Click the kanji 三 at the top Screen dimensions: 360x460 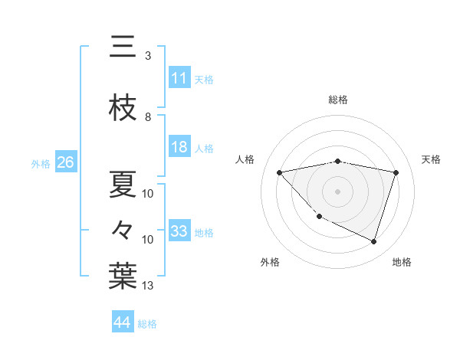123,47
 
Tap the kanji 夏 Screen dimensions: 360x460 123,184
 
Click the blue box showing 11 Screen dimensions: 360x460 179,78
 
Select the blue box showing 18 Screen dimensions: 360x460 179,147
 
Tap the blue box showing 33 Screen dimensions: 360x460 179,231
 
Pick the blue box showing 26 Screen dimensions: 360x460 66,163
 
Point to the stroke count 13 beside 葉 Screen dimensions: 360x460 148,286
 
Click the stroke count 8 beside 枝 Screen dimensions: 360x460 148,117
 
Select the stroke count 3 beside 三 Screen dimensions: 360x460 148,56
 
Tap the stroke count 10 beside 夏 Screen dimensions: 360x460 148,194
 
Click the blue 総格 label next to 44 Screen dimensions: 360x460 148,324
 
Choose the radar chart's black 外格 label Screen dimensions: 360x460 270,262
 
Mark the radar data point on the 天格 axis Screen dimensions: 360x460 396,172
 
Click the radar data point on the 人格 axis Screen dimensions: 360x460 279,172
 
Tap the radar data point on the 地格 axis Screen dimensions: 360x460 373,241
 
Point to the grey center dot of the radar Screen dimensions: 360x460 337,191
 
